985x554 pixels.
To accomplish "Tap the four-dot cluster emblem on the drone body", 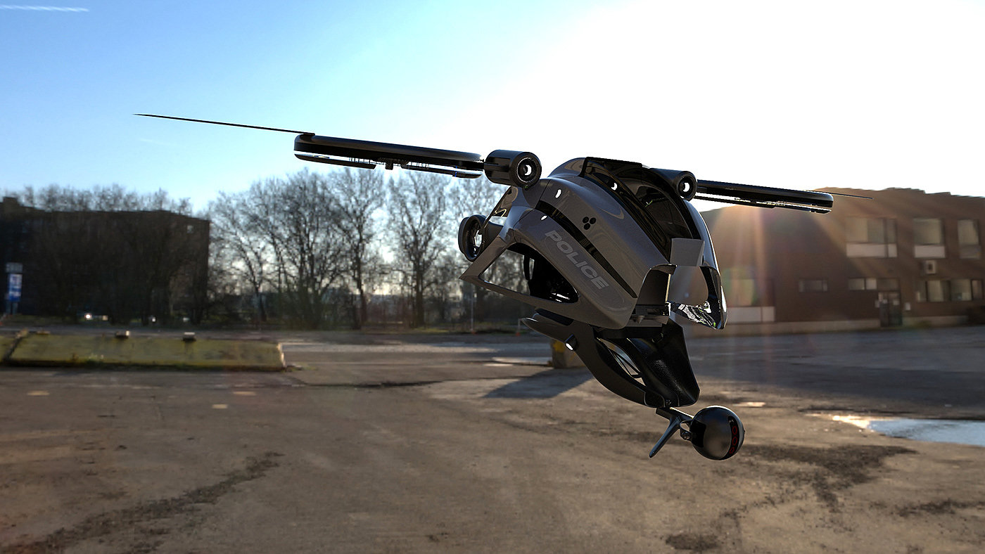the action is [590, 223].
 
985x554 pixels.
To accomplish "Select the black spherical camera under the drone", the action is [716, 433].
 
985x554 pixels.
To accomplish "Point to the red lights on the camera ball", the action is [733, 434].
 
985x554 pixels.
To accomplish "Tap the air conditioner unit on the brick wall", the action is [929, 266].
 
